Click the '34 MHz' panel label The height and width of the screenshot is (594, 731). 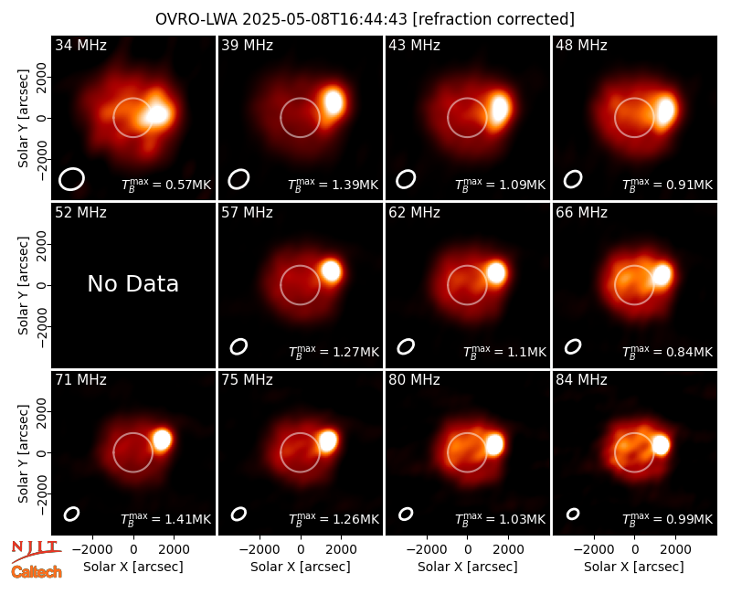[80, 45]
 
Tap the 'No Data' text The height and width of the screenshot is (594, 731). [132, 283]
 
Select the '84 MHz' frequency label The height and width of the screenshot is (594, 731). [581, 380]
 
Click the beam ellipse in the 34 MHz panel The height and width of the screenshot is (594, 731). [71, 179]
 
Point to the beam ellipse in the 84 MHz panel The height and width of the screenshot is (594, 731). [573, 514]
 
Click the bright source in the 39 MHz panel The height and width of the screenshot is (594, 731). [334, 101]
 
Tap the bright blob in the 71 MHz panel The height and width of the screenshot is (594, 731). [163, 440]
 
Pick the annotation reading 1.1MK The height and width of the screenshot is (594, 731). [527, 352]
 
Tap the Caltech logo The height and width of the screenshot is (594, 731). [37, 572]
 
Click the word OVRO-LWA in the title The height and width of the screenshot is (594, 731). [196, 19]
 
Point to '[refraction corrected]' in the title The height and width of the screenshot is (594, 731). [493, 19]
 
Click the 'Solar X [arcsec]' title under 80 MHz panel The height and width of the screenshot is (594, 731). [468, 567]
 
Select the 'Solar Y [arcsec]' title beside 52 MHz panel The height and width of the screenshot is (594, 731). [24, 285]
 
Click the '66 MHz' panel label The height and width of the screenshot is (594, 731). [581, 213]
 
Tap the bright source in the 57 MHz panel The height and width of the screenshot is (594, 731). [331, 270]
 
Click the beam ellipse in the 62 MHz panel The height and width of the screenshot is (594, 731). [406, 346]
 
